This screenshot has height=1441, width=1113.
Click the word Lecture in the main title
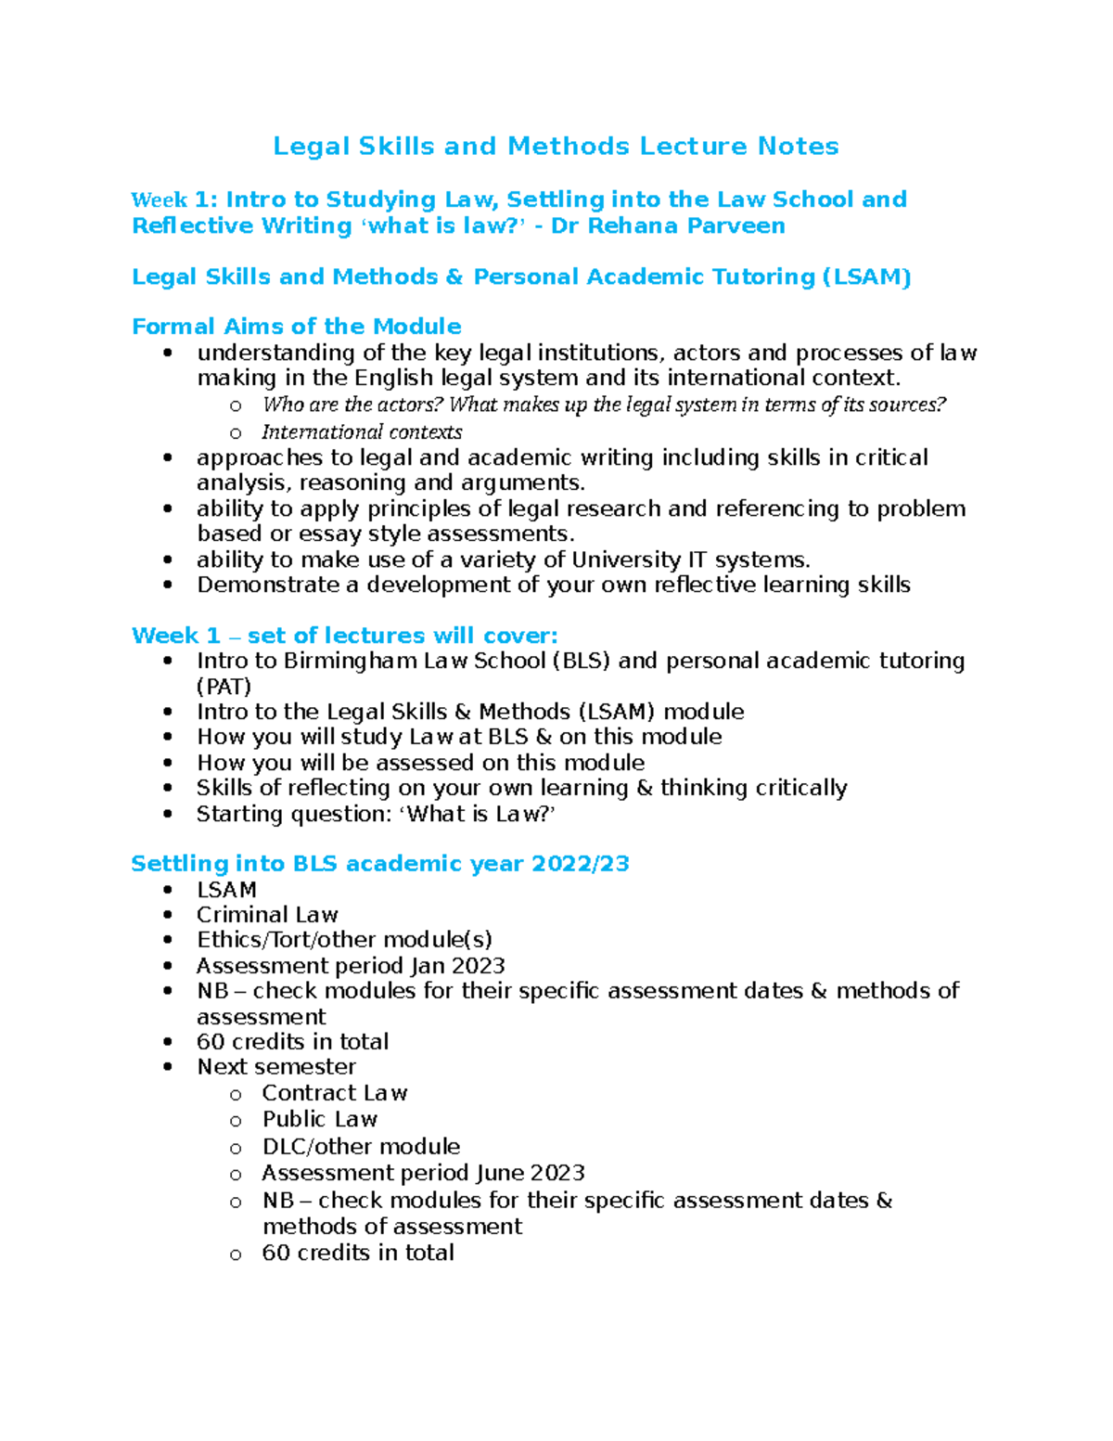(695, 147)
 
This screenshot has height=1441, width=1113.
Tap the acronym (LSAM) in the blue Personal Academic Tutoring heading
(867, 277)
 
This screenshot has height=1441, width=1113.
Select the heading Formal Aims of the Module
(296, 327)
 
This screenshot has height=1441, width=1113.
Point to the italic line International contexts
(362, 432)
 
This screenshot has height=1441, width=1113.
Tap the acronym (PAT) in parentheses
(224, 687)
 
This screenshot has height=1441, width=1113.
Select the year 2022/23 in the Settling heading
(581, 864)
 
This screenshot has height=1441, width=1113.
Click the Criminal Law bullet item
(267, 915)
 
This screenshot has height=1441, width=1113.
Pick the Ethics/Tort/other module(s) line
(344, 940)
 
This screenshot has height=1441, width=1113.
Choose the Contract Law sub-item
(334, 1093)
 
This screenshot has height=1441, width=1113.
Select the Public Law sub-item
(319, 1119)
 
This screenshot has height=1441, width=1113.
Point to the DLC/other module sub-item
(361, 1147)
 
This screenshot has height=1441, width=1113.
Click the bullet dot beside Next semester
(168, 1067)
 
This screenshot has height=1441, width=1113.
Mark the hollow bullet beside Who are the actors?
(236, 405)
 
